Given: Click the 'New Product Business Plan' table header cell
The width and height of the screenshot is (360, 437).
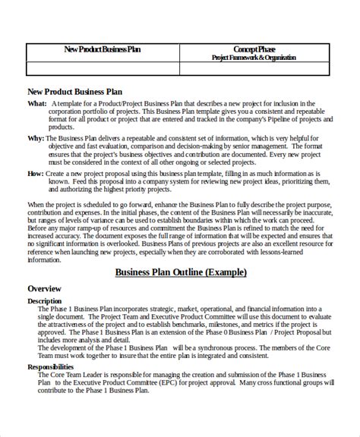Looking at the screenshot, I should coord(102,50).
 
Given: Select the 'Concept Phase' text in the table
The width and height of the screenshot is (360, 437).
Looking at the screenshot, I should coord(254,49).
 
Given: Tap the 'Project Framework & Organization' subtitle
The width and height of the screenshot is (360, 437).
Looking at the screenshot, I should coord(254,57).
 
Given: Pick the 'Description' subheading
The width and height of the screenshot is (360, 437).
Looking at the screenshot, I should coord(45,301).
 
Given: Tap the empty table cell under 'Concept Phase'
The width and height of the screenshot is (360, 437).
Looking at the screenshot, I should coord(254,69).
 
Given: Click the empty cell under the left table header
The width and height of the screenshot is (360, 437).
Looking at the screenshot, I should coord(102,69).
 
